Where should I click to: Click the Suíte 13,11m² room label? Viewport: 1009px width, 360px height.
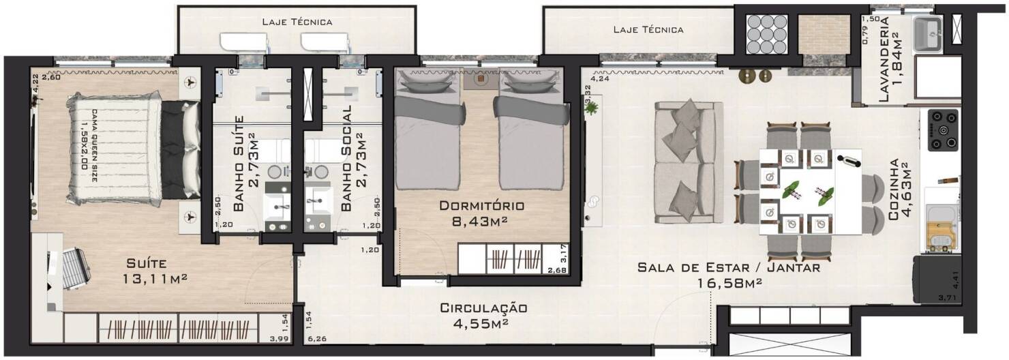[x=156, y=271]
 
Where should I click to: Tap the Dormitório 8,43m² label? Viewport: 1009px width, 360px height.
[x=481, y=212]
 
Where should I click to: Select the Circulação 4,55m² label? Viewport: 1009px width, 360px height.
[x=483, y=316]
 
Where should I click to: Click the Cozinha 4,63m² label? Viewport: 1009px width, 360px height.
[x=899, y=190]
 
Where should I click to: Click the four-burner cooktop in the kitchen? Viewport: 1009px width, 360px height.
[x=942, y=130]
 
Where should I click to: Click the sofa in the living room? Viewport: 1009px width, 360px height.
[x=688, y=162]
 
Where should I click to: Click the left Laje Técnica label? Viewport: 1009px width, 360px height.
[x=297, y=22]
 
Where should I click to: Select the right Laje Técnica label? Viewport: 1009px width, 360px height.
[x=648, y=29]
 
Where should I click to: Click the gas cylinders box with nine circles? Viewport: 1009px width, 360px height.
[x=766, y=34]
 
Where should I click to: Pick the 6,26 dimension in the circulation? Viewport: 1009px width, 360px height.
[x=316, y=338]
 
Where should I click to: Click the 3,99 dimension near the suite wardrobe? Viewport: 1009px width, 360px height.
[x=278, y=338]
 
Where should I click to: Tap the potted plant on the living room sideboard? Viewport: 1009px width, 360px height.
[x=590, y=107]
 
